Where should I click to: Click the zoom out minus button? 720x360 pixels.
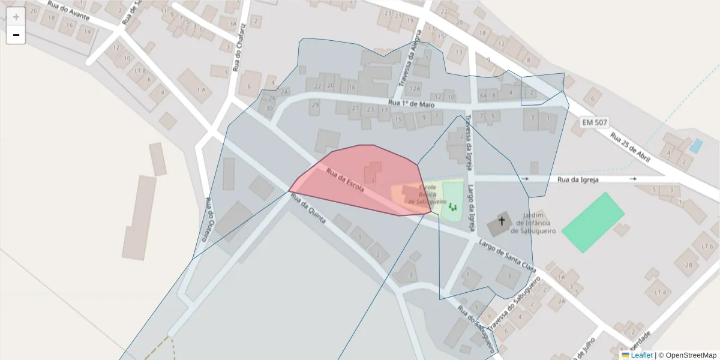(16, 35)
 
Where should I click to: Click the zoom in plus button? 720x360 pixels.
(16, 17)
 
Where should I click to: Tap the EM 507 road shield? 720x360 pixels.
(595, 123)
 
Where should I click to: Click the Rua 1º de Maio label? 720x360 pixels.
(411, 104)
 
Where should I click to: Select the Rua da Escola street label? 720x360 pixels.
(345, 179)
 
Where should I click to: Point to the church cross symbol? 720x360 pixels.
(502, 221)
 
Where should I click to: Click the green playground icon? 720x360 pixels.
(452, 207)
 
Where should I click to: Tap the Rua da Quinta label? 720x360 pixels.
(308, 211)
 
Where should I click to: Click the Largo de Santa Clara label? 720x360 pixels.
(506, 254)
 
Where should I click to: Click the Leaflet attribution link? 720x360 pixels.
(641, 355)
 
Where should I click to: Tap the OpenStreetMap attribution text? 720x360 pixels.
(691, 355)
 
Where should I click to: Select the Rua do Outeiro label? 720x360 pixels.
(209, 219)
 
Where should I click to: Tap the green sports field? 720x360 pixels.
(592, 222)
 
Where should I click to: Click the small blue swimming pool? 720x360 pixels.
(695, 146)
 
